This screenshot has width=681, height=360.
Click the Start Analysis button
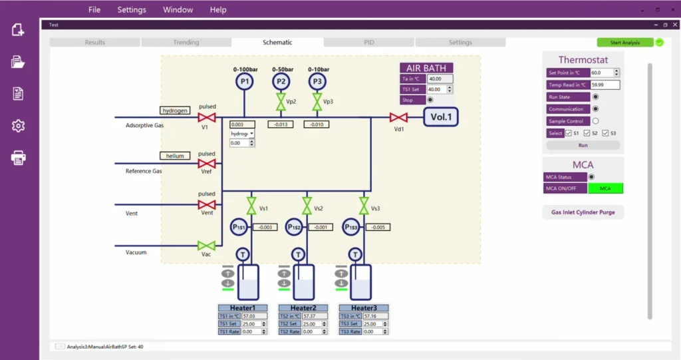[624, 43]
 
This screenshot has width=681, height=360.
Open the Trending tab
[186, 43]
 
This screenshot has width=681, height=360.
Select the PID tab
[369, 43]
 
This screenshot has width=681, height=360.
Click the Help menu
[218, 10]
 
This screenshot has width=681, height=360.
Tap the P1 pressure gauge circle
[245, 81]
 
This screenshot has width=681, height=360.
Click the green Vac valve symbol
[207, 246]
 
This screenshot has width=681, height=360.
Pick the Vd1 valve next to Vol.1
[398, 118]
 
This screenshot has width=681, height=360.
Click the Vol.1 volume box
[441, 118]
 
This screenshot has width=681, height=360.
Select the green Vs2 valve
[307, 206]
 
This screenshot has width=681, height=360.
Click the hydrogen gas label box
[175, 110]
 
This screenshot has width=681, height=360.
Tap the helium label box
[175, 156]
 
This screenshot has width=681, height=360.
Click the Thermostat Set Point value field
[605, 73]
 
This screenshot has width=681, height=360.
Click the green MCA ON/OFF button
[605, 188]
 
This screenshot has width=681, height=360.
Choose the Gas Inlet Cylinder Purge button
[583, 212]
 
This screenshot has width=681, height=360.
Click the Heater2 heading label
[303, 308]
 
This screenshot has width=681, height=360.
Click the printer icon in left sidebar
[18, 158]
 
